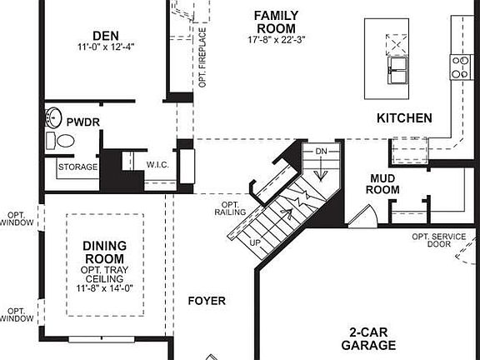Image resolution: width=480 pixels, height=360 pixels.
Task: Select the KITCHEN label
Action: [x=404, y=118]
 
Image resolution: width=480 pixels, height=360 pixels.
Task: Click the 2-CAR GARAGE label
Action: [x=367, y=337]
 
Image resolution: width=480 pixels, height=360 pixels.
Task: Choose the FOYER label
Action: [x=207, y=300]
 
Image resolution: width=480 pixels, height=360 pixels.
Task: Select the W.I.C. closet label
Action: [x=157, y=164]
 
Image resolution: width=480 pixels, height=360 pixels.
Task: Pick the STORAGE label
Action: [x=77, y=167]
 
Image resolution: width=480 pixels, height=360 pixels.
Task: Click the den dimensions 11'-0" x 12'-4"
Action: [x=105, y=47]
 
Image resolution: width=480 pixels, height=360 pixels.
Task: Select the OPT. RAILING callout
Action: [x=232, y=208]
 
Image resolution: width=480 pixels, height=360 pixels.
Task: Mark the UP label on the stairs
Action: [x=256, y=242]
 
